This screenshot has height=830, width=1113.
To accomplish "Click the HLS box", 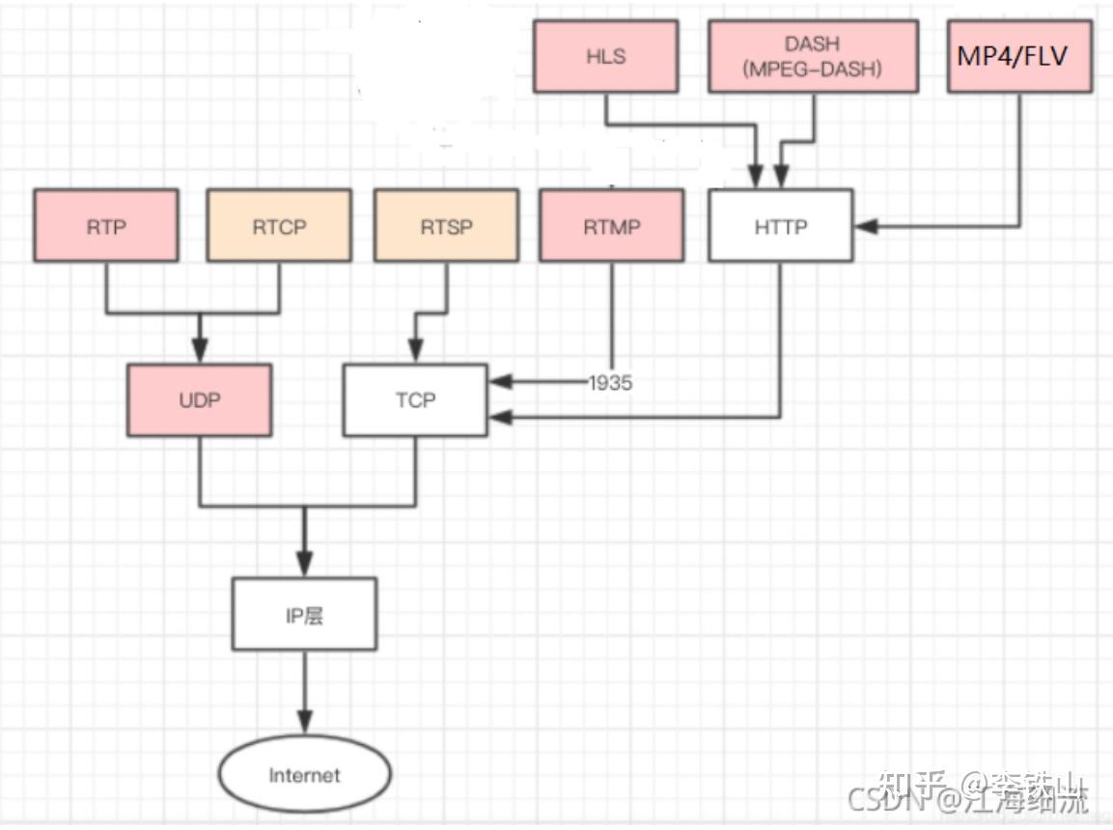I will (x=605, y=56).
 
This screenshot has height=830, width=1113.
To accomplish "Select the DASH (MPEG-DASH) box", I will (x=813, y=56).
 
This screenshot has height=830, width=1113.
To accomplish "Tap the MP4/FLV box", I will (x=1019, y=56).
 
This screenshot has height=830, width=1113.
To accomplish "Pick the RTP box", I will (x=106, y=226).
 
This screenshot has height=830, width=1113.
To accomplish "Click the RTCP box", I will (x=279, y=226).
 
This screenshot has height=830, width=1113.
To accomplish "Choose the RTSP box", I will (x=446, y=226).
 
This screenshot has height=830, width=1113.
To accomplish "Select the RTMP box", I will (x=611, y=226).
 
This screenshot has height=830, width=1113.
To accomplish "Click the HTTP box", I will (x=780, y=226).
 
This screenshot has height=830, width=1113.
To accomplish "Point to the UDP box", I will (x=199, y=400).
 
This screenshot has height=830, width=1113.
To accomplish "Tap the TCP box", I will (x=415, y=400).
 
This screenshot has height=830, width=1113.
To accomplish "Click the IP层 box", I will (x=304, y=615).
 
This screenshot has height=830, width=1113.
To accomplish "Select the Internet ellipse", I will (x=304, y=775).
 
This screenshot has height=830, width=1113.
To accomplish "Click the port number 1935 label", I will (x=610, y=383).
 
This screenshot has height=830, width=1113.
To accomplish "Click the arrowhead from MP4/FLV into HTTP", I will (x=866, y=226).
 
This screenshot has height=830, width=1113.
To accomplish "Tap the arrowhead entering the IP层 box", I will (x=305, y=565).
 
